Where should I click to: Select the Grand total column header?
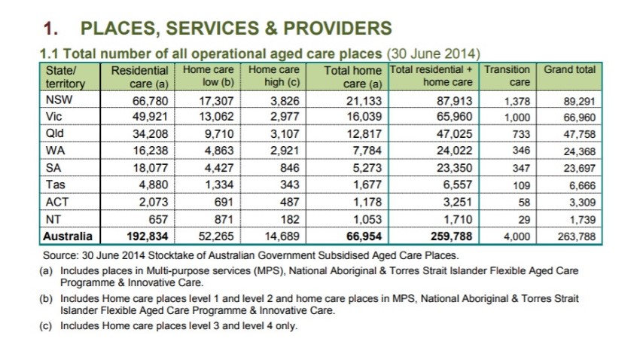[570, 70]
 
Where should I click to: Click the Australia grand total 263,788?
[576, 237]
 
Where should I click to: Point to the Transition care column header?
[507, 75]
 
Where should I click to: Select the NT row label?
[53, 220]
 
